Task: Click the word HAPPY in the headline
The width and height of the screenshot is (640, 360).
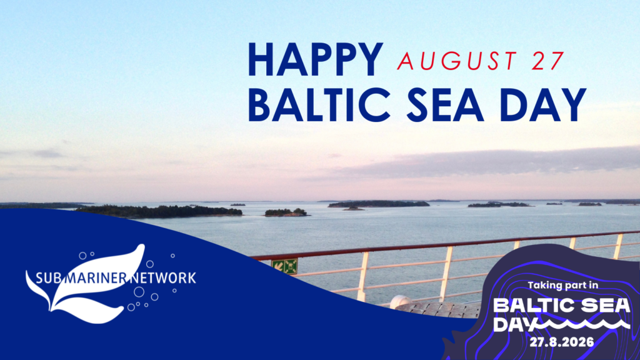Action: click(x=315, y=59)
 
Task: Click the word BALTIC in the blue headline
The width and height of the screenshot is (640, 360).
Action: click(x=319, y=105)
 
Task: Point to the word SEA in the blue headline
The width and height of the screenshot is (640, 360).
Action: click(x=445, y=105)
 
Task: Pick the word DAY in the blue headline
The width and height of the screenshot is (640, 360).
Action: click(x=543, y=105)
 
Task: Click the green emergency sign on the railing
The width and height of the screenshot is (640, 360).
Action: click(x=285, y=266)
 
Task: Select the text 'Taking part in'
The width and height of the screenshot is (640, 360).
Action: click(x=563, y=285)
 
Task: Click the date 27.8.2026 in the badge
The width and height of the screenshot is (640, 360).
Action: click(x=562, y=342)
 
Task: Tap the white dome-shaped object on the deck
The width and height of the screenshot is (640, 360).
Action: click(x=401, y=302)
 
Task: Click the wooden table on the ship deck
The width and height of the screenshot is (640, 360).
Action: click(x=439, y=309)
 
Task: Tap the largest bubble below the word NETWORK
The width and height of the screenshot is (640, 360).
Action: click(x=139, y=292)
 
